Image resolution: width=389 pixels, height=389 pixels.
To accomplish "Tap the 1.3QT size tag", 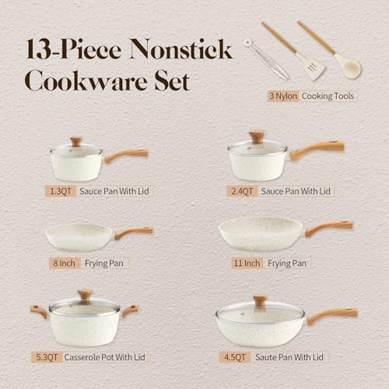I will point(60,190).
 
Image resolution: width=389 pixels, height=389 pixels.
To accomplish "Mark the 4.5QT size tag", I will point(234,358).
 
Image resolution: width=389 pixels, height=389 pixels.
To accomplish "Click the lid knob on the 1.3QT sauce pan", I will point(75,142).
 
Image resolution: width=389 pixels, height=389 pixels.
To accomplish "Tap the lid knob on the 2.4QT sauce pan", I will point(256,137).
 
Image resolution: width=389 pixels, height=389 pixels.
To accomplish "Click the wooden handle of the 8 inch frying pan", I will point(134,232).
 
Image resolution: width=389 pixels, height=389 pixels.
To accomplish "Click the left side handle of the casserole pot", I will point(38,311).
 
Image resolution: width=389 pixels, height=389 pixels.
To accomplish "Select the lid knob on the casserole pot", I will point(85,295).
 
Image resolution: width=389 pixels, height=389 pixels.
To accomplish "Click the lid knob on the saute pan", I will point(259,300).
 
